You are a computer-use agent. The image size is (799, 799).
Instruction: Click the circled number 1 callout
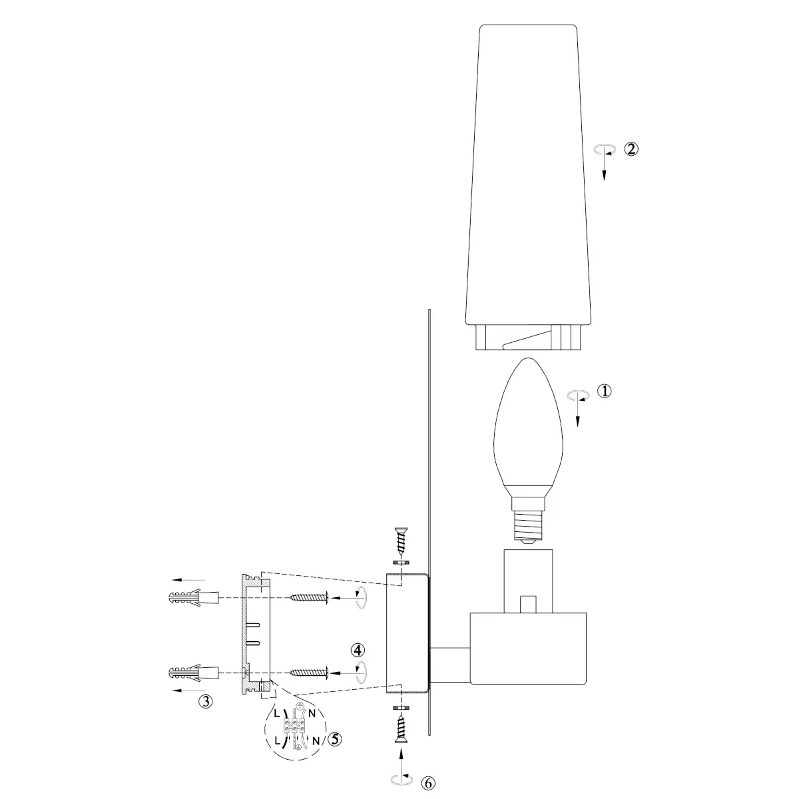pyautogui.click(x=604, y=391)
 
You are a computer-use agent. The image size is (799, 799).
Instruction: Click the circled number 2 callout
pyautogui.click(x=631, y=149)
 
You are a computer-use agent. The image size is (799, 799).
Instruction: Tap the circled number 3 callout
pyautogui.click(x=206, y=702)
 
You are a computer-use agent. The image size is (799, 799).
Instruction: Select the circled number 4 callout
pyautogui.click(x=358, y=650)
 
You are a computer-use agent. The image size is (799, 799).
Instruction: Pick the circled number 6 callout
pyautogui.click(x=428, y=783)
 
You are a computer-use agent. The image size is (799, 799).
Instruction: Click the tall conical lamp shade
pyautogui.click(x=528, y=186)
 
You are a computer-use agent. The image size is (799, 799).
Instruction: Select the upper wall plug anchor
pyautogui.click(x=194, y=598)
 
